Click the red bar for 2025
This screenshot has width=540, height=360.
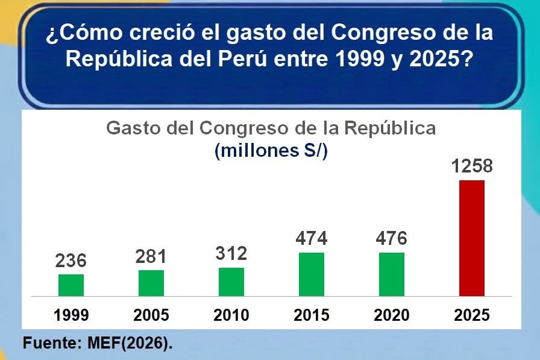(472, 238)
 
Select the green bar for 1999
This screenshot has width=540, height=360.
(71, 285)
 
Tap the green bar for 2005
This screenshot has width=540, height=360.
(151, 283)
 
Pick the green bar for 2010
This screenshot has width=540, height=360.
(231, 282)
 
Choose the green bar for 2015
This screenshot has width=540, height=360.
(312, 274)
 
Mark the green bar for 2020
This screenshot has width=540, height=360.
(392, 274)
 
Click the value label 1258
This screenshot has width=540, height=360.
(472, 166)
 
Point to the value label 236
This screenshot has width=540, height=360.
(71, 261)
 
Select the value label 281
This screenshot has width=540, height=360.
(151, 256)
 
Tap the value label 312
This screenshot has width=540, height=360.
(231, 253)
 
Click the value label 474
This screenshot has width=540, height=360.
(312, 238)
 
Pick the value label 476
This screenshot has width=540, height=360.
(392, 238)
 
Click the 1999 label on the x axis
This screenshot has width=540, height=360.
(71, 315)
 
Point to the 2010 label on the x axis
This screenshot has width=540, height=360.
(231, 315)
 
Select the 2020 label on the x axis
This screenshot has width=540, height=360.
(392, 315)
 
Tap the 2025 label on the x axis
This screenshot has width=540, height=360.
(472, 315)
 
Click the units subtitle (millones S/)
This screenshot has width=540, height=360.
(271, 151)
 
